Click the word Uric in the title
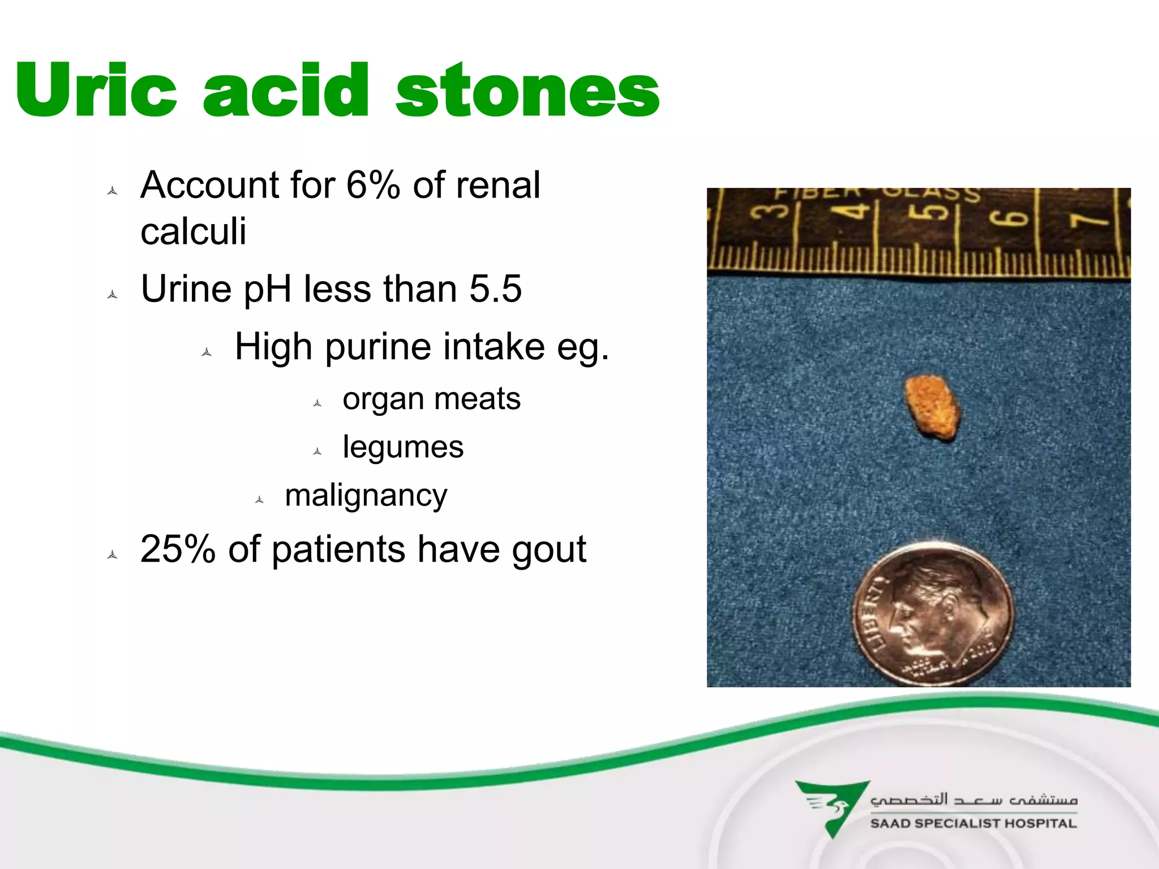(x=96, y=91)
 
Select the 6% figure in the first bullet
(x=373, y=185)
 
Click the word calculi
(x=194, y=231)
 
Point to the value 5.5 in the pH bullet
(x=495, y=289)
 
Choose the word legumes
(x=403, y=447)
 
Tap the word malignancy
(x=366, y=496)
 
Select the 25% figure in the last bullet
(x=178, y=549)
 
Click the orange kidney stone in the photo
(x=932, y=407)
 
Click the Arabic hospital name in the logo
(x=973, y=800)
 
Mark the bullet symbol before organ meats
(x=317, y=403)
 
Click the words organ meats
(x=431, y=399)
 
